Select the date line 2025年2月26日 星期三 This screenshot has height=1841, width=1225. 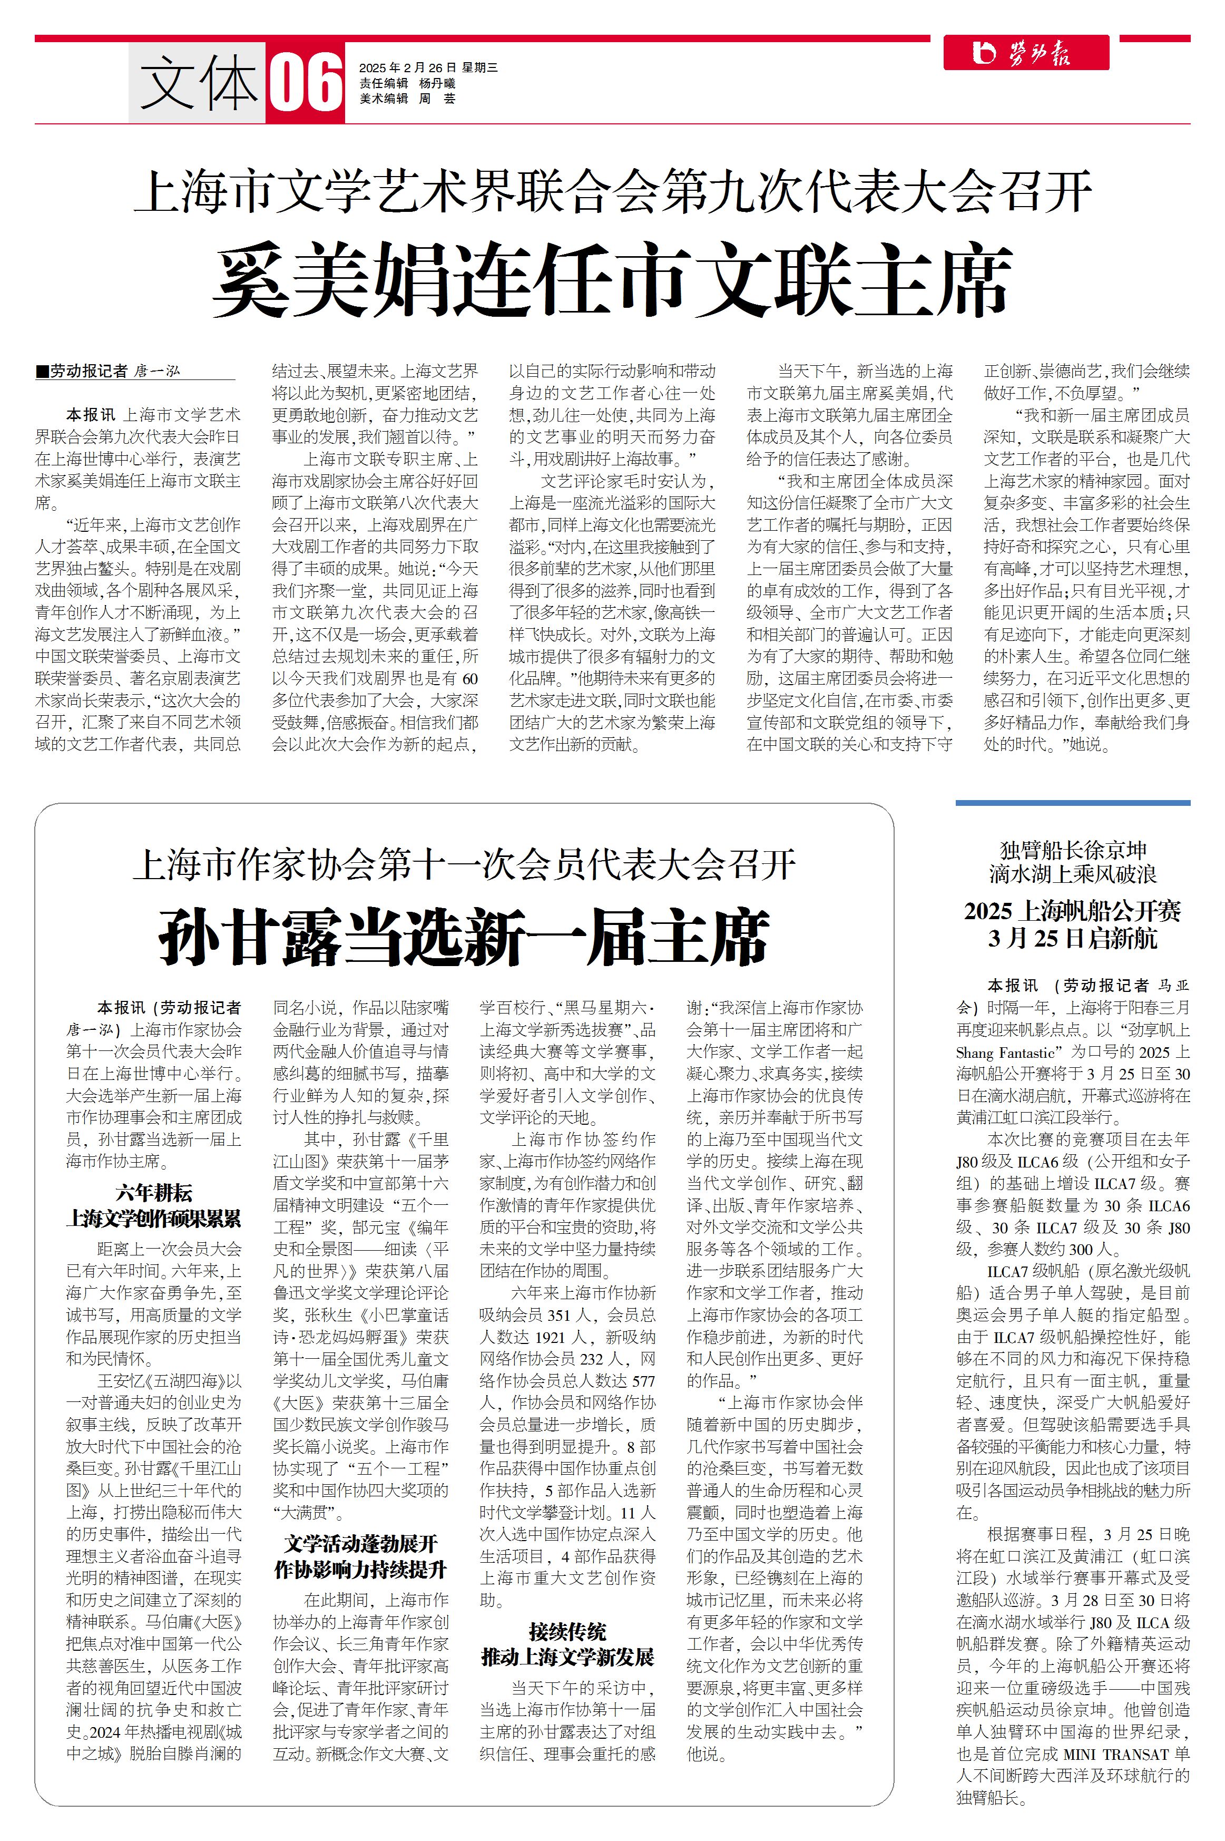coord(428,68)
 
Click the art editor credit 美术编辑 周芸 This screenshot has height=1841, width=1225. coord(407,99)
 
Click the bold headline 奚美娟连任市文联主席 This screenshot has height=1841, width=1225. coord(612,280)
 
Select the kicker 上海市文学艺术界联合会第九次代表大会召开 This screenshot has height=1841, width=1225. coord(612,191)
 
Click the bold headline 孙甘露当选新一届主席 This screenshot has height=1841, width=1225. coord(464,937)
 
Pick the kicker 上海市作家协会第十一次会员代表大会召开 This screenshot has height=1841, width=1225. coord(464,865)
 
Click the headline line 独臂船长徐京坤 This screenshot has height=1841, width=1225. coord(1073,850)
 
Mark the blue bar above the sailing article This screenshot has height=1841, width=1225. coord(1073,803)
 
